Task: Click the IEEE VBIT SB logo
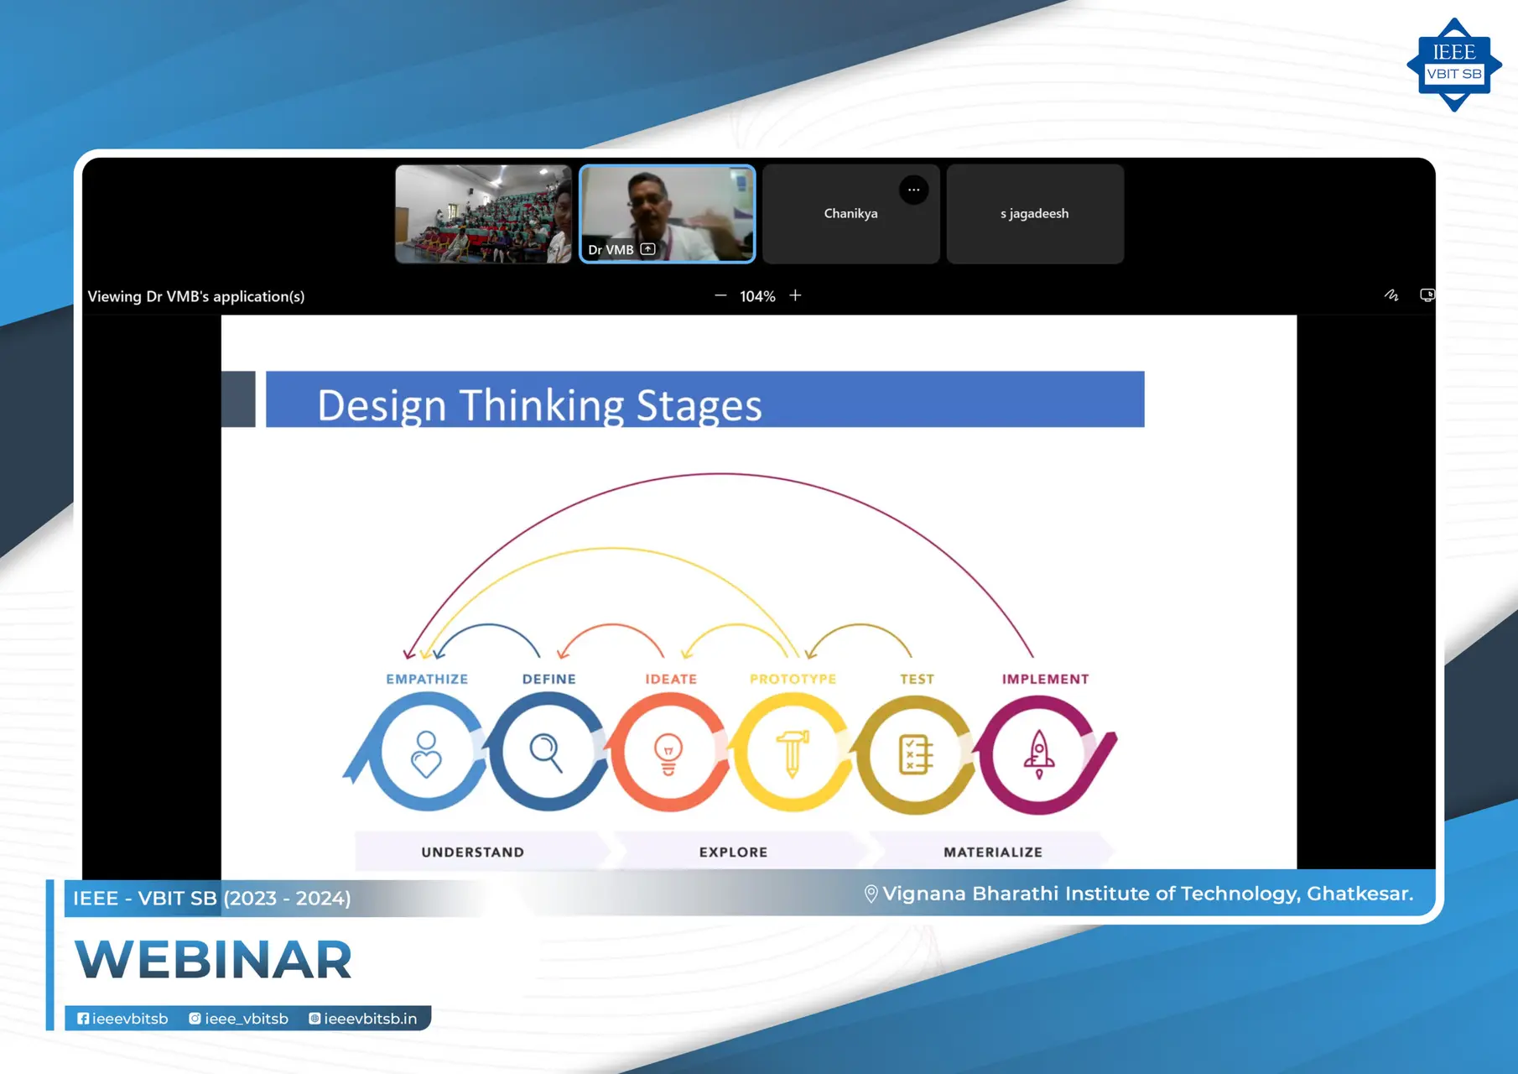click(1453, 65)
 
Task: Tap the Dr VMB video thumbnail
click(668, 213)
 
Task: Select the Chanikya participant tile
click(850, 214)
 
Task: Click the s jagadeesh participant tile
click(1034, 214)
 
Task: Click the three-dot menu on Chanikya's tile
click(913, 190)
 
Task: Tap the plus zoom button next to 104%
click(795, 295)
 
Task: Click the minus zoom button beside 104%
click(720, 295)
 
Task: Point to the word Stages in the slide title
click(699, 405)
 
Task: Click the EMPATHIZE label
click(427, 679)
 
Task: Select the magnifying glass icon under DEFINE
click(546, 752)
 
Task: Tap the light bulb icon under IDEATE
click(668, 753)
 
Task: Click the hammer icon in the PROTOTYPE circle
click(792, 753)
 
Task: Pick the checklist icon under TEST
click(915, 753)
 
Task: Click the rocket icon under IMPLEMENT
click(1038, 753)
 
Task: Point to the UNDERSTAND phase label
click(472, 852)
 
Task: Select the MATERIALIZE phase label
click(993, 852)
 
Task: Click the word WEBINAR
click(214, 960)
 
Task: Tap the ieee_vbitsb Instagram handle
click(239, 1019)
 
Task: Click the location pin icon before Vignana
click(871, 894)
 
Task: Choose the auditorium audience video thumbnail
click(483, 214)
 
